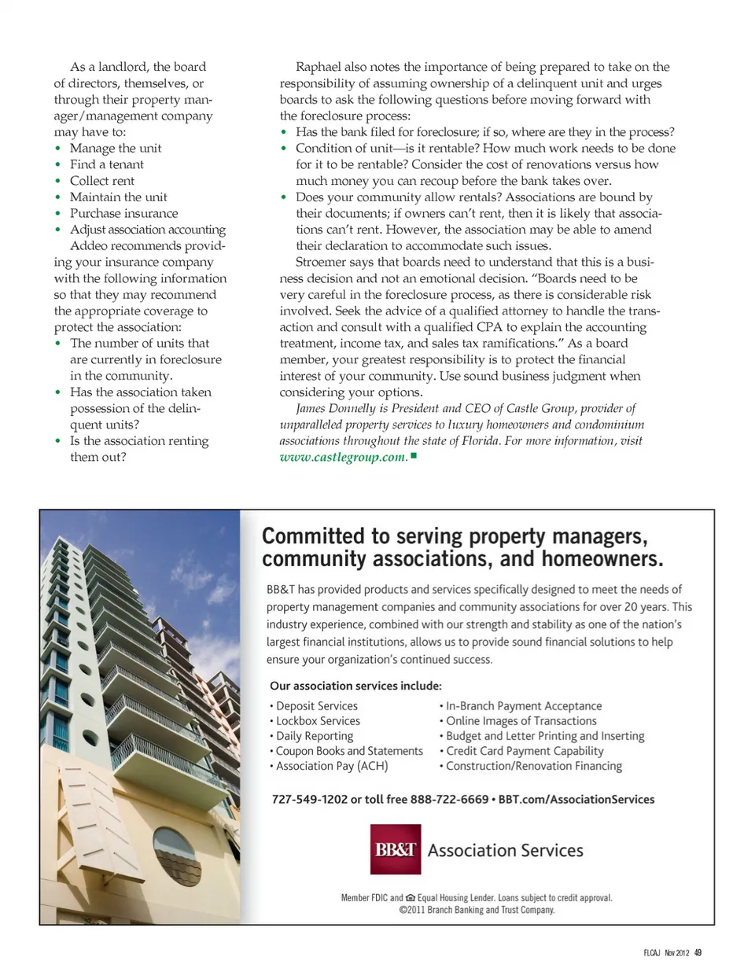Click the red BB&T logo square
(x=396, y=849)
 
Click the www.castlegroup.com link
(x=343, y=458)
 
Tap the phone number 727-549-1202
(x=309, y=799)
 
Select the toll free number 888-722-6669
(x=449, y=799)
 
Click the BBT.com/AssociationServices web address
(x=576, y=799)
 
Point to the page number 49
(x=698, y=952)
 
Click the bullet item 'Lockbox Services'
(x=318, y=721)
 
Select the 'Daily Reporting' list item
(x=315, y=736)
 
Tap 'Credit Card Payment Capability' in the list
(x=525, y=751)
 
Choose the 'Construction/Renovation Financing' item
(x=534, y=766)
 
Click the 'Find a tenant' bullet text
(x=107, y=164)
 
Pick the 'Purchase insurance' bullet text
(x=123, y=213)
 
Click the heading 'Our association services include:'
(x=355, y=686)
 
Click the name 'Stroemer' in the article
(x=323, y=262)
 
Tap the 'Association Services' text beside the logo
(x=506, y=850)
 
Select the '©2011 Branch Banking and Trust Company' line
(x=477, y=910)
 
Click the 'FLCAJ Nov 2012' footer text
(x=665, y=952)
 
